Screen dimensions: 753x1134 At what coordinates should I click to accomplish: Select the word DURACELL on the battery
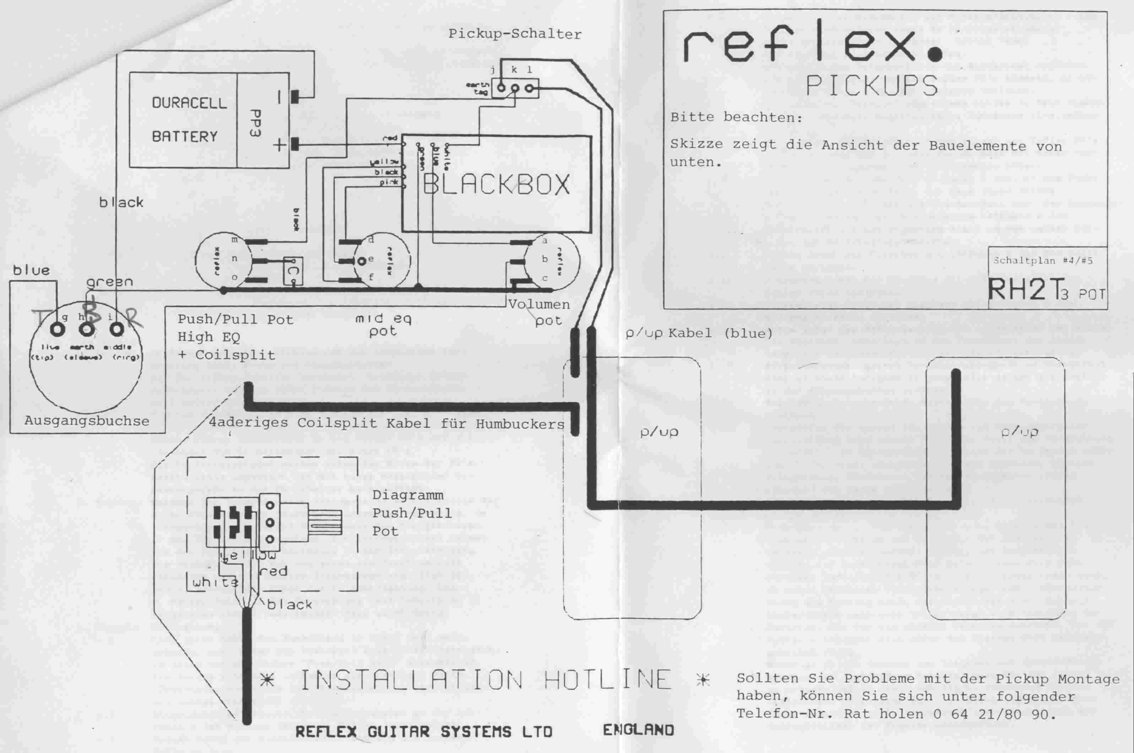click(x=189, y=103)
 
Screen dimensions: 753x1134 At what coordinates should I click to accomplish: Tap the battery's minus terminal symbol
click(x=279, y=97)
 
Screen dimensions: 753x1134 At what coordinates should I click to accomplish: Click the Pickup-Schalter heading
click(x=515, y=34)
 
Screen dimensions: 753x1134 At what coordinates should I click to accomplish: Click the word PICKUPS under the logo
click(x=872, y=86)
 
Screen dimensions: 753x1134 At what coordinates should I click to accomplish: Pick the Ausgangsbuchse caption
click(x=86, y=421)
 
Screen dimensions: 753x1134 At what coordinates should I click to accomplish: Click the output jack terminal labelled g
click(x=58, y=330)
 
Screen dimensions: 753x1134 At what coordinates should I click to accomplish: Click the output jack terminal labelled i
click(x=116, y=330)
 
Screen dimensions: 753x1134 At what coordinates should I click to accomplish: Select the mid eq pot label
click(x=383, y=325)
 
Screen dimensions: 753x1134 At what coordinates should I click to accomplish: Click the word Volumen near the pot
click(x=539, y=304)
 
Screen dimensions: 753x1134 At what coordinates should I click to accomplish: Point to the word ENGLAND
click(x=638, y=730)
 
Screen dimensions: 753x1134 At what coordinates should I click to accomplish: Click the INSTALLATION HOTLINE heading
click(x=485, y=680)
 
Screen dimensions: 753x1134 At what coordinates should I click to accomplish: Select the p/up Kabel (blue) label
click(x=699, y=333)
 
